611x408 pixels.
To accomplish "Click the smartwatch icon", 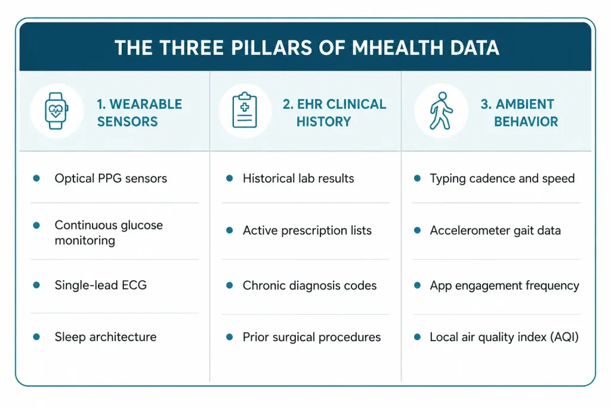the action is tap(57, 111).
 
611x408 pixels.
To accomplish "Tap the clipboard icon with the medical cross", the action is tap(245, 110).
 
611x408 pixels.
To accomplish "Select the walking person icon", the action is tap(441, 111).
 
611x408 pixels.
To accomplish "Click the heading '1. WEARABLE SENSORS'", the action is tap(139, 113).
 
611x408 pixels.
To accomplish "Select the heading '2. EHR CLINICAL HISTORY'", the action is tap(334, 113).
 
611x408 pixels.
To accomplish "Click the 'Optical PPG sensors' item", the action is tap(110, 178).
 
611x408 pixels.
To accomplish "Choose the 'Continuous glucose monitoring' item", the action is tap(109, 232).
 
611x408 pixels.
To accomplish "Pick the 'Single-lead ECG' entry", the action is tap(100, 285).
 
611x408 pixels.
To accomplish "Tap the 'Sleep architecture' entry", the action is tap(106, 337).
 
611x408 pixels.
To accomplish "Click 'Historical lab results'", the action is tap(298, 178).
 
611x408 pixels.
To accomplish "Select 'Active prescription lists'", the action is tap(307, 231).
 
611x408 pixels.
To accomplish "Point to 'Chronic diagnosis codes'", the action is tap(310, 286).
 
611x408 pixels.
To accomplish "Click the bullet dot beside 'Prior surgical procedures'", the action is tap(230, 337).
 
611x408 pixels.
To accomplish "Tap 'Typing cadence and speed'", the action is tap(502, 179).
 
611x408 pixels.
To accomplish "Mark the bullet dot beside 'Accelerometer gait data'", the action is tap(417, 231).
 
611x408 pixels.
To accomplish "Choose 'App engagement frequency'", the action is tap(505, 286).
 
